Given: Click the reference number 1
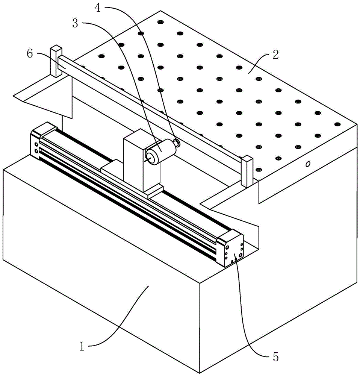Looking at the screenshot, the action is [82, 346].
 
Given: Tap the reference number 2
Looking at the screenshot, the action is [275, 55].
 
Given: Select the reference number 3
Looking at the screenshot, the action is [75, 24].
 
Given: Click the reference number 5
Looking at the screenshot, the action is [276, 357].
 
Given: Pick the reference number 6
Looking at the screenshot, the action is [30, 54].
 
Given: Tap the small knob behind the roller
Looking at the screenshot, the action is [177, 143].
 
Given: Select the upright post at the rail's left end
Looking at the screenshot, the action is [56, 61].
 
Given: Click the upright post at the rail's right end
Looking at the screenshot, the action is [247, 171].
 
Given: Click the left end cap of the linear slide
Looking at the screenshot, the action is [43, 140].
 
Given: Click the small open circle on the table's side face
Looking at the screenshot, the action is [308, 164].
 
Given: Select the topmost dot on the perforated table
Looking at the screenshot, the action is [160, 22].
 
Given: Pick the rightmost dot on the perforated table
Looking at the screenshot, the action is [337, 124].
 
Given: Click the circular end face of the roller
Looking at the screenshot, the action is [151, 158].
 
